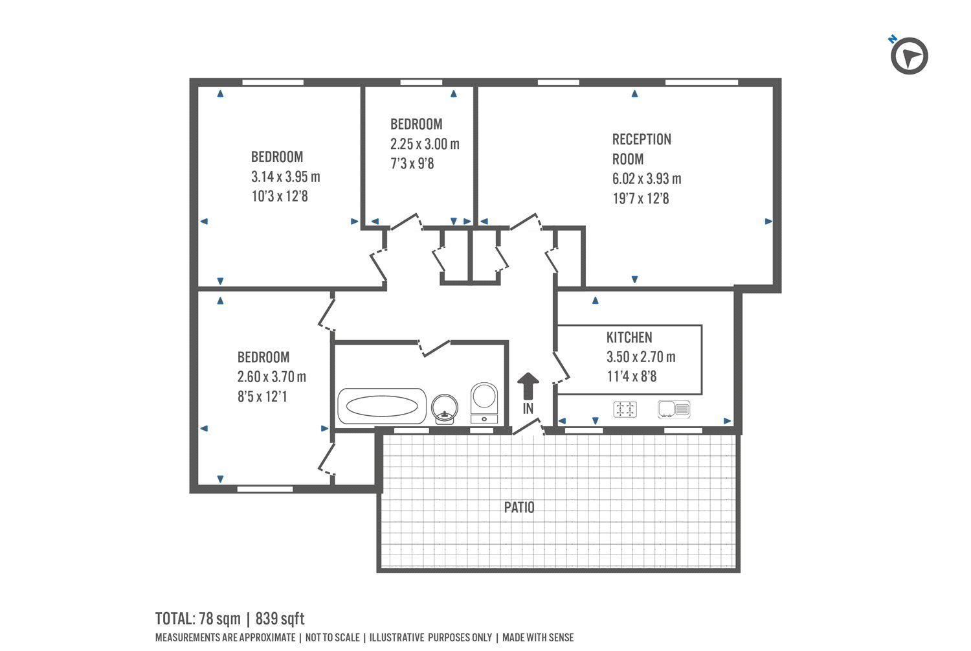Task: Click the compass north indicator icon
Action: pyautogui.click(x=909, y=56)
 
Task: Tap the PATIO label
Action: pyautogui.click(x=519, y=507)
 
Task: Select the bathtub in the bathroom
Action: pyautogui.click(x=382, y=407)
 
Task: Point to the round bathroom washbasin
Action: pyautogui.click(x=444, y=408)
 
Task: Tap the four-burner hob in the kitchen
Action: pyautogui.click(x=625, y=409)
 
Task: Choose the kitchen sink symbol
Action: pyautogui.click(x=674, y=409)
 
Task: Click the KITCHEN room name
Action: pyautogui.click(x=629, y=337)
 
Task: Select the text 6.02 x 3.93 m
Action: pyautogui.click(x=647, y=179)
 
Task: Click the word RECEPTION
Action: pyautogui.click(x=642, y=139)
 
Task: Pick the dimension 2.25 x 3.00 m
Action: pyautogui.click(x=425, y=144)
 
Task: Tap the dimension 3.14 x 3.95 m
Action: pyautogui.click(x=285, y=177)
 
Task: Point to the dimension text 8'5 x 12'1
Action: pyautogui.click(x=262, y=396)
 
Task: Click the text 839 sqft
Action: pyautogui.click(x=280, y=619)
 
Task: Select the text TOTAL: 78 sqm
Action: pyautogui.click(x=197, y=619)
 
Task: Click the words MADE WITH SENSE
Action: pyautogui.click(x=538, y=638)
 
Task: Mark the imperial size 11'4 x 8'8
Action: pyautogui.click(x=631, y=376)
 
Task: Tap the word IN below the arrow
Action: pyautogui.click(x=528, y=409)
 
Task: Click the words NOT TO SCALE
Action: pyautogui.click(x=332, y=638)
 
